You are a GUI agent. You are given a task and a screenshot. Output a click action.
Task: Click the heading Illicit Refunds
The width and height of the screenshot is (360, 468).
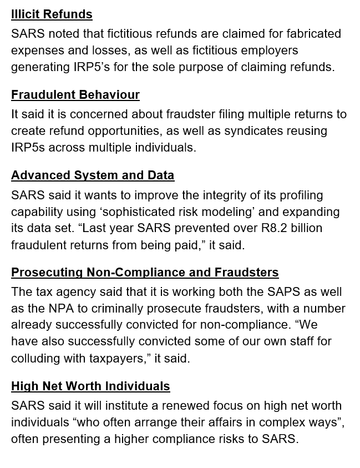pyautogui.click(x=52, y=14)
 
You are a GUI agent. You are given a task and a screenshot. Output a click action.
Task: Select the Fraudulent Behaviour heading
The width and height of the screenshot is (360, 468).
pyautogui.click(x=75, y=95)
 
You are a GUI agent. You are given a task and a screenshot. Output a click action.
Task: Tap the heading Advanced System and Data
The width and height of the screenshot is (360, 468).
pyautogui.click(x=93, y=175)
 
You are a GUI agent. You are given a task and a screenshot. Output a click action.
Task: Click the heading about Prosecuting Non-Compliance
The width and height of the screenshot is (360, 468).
pyautogui.click(x=145, y=273)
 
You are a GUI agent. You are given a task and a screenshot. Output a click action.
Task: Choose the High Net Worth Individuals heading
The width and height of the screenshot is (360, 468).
pyautogui.click(x=90, y=386)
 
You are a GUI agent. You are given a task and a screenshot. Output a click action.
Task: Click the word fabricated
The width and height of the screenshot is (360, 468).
pyautogui.click(x=314, y=34)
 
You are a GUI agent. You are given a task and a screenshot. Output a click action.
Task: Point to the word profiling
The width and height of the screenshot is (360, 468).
pyautogui.click(x=297, y=195)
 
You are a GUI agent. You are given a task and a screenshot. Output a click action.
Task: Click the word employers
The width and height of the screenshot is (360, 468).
pyautogui.click(x=268, y=51)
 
